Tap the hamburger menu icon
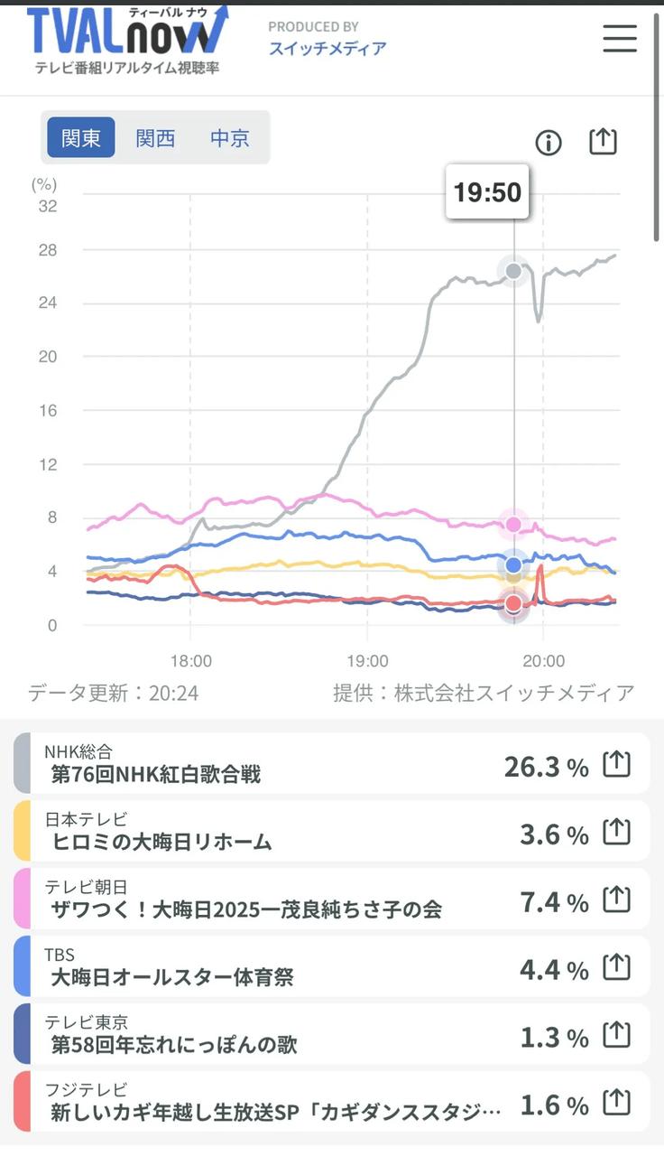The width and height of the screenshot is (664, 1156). [x=620, y=39]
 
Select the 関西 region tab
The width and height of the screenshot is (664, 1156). [x=155, y=138]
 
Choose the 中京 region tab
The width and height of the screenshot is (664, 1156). [x=230, y=138]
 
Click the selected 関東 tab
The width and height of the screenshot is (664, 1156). [x=81, y=137]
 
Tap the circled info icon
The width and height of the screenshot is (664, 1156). [x=548, y=143]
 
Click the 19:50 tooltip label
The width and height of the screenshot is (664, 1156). [x=487, y=192]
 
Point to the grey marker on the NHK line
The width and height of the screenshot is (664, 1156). [x=513, y=271]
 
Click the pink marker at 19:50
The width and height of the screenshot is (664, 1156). [x=513, y=525]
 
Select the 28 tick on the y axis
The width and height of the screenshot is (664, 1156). [x=48, y=250]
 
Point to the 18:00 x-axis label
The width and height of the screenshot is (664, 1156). [x=190, y=661]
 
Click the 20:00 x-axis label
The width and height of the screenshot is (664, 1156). [x=543, y=661]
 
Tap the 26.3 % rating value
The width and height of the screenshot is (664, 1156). [x=546, y=768]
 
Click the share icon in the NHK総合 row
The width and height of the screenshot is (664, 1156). [x=616, y=764]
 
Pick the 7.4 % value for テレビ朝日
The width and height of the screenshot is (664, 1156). [x=554, y=902]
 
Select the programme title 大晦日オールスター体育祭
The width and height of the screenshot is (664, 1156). [x=172, y=977]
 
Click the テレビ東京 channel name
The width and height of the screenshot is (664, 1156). [x=86, y=1021]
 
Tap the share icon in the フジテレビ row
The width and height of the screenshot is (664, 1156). [x=616, y=1101]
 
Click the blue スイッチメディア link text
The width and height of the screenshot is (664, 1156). [x=327, y=49]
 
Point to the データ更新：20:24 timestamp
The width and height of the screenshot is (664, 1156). [x=114, y=693]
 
